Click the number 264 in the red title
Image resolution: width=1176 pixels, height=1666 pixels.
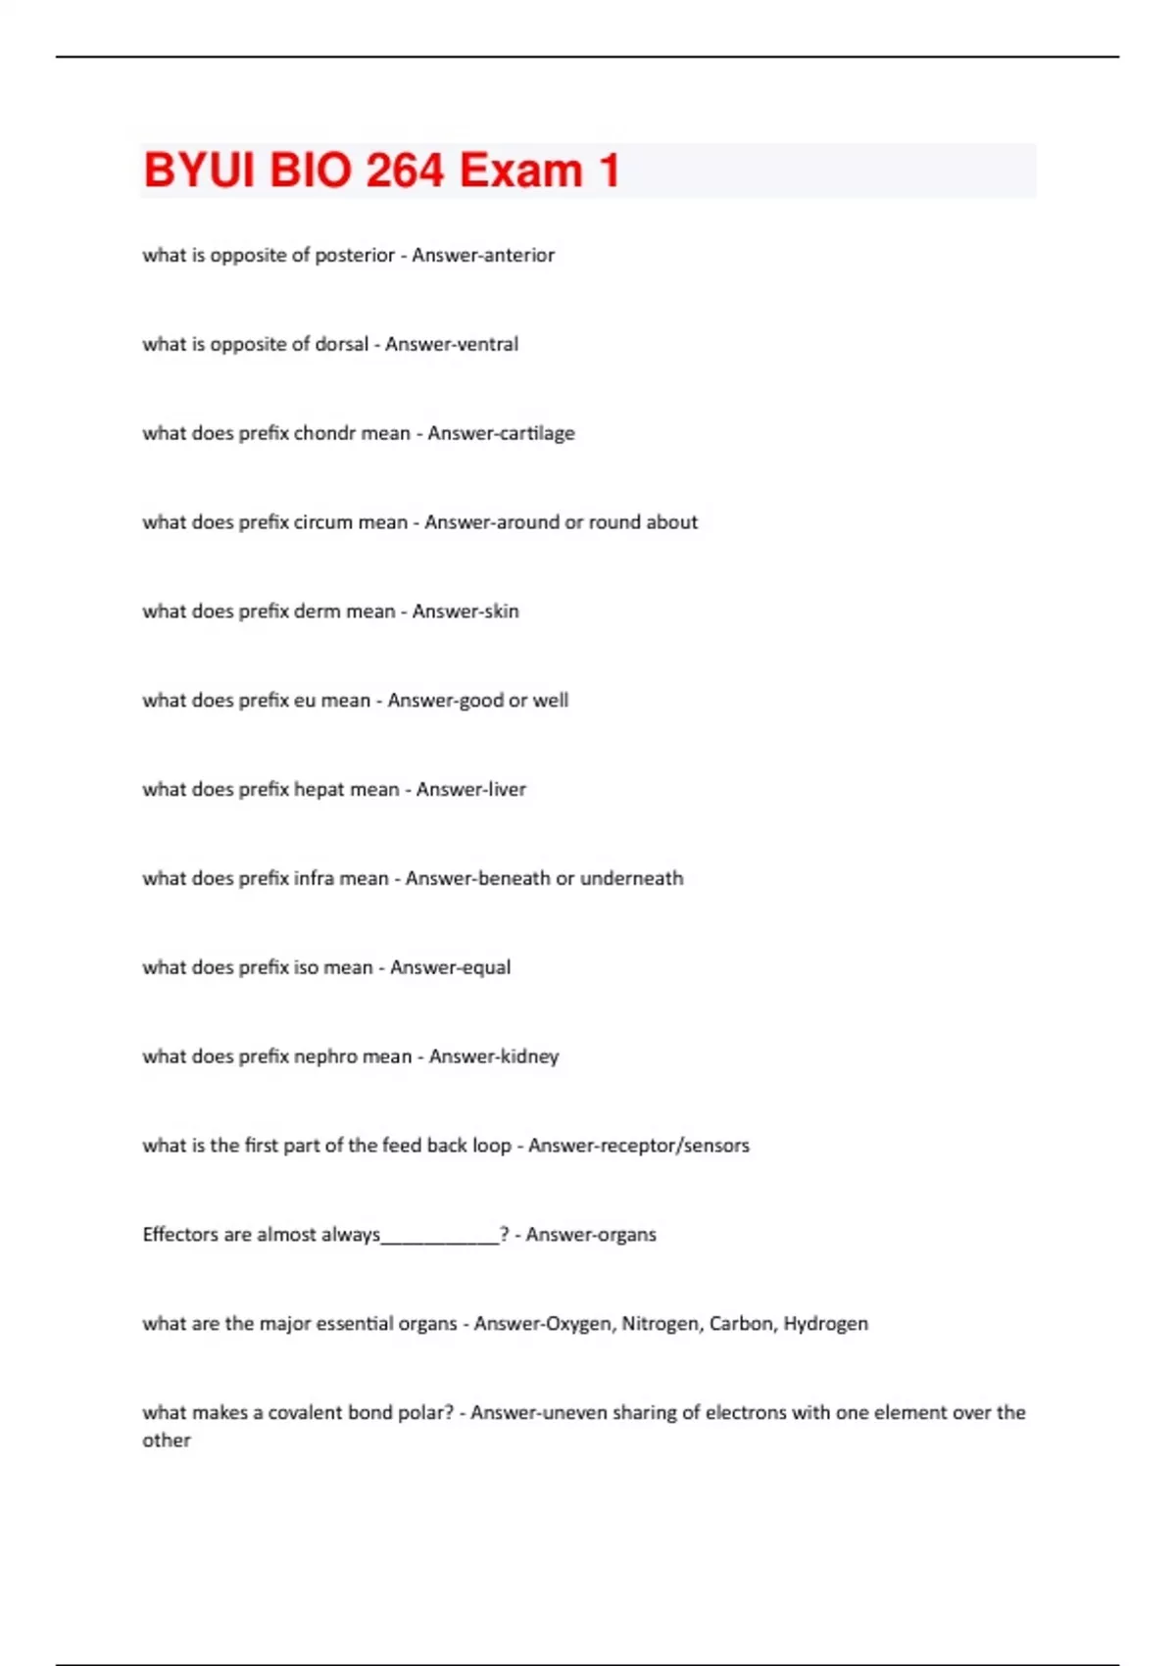406,171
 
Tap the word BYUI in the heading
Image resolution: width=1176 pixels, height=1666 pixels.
199,171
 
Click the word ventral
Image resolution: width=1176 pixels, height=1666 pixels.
484,344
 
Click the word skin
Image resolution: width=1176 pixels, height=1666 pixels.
500,612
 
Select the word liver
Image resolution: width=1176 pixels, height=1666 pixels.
505,790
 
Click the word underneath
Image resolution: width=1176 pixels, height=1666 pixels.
631,879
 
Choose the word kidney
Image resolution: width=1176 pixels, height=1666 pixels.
529,1056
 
